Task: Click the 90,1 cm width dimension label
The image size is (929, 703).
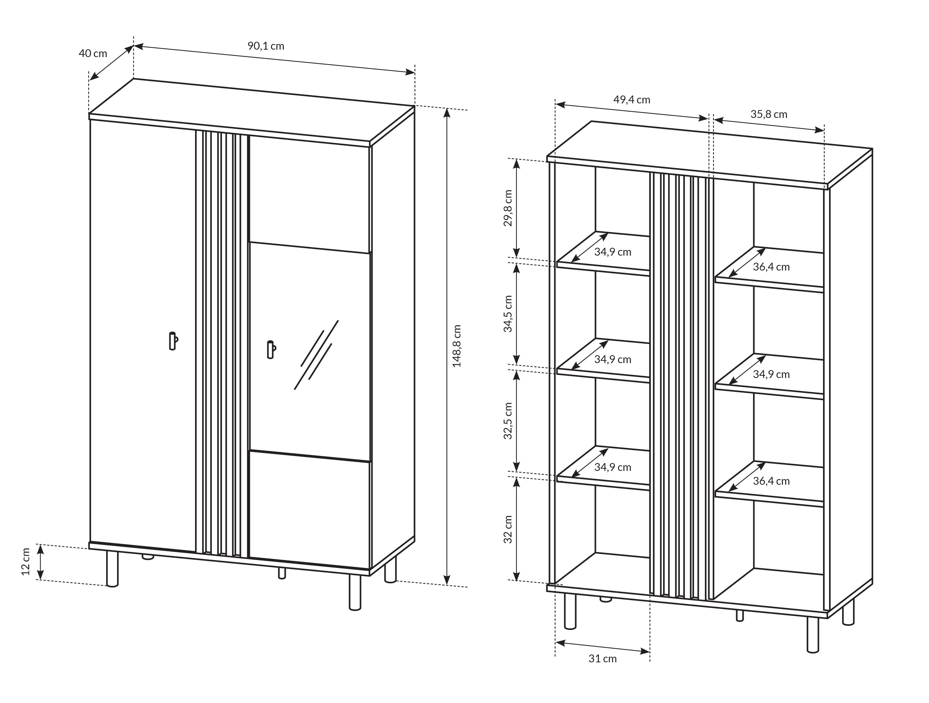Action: coord(266,46)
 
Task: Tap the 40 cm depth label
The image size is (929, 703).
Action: coord(93,53)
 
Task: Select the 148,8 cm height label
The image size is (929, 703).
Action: coord(456,346)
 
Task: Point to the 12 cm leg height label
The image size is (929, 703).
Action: coord(26,561)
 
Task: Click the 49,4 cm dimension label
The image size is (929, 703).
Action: coord(632,100)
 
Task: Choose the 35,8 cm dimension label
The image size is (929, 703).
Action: coord(769,114)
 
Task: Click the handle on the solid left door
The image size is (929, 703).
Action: coord(173,341)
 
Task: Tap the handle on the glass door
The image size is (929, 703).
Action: coord(271,350)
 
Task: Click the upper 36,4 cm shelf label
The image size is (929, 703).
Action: coord(771,267)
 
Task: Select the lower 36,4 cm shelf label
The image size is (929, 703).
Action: coord(771,481)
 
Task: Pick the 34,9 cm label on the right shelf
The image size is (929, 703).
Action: coord(771,374)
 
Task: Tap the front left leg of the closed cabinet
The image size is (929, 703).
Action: coord(112,569)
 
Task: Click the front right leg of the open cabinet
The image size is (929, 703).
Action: coord(813,635)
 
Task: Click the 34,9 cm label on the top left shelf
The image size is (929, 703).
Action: coord(612,252)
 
